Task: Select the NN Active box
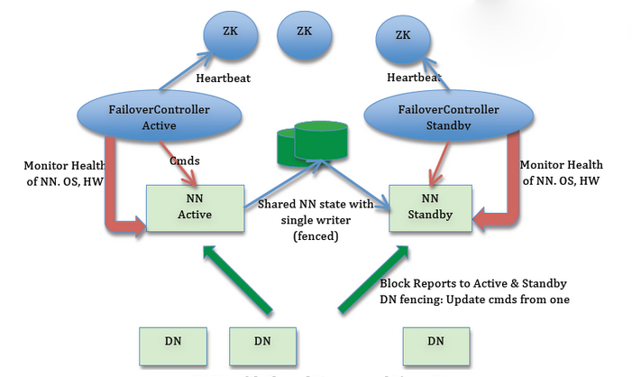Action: [195, 208]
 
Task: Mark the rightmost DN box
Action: [435, 342]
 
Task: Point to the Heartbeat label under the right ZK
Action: [415, 78]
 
